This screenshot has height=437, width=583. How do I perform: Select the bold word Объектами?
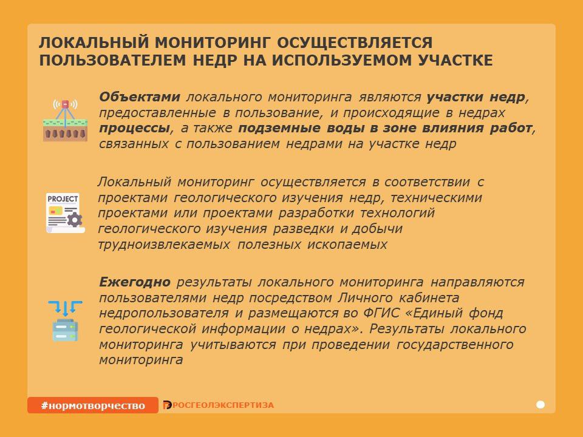(140, 97)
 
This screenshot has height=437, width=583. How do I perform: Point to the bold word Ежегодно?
(135, 282)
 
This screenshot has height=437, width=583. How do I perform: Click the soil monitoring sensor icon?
(65, 120)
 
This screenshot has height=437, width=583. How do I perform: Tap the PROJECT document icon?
(65, 213)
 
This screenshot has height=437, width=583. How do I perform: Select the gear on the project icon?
(75, 220)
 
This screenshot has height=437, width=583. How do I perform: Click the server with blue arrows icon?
(65, 321)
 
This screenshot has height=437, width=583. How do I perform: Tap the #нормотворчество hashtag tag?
(92, 405)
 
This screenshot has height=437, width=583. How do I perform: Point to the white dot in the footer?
(540, 405)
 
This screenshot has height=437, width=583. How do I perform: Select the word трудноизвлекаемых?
(164, 245)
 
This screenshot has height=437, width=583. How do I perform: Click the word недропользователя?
(164, 313)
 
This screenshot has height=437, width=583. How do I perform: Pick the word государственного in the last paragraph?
(455, 345)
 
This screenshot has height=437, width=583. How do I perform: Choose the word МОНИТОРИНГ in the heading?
(213, 42)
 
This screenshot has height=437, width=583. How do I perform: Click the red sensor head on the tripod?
(66, 104)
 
